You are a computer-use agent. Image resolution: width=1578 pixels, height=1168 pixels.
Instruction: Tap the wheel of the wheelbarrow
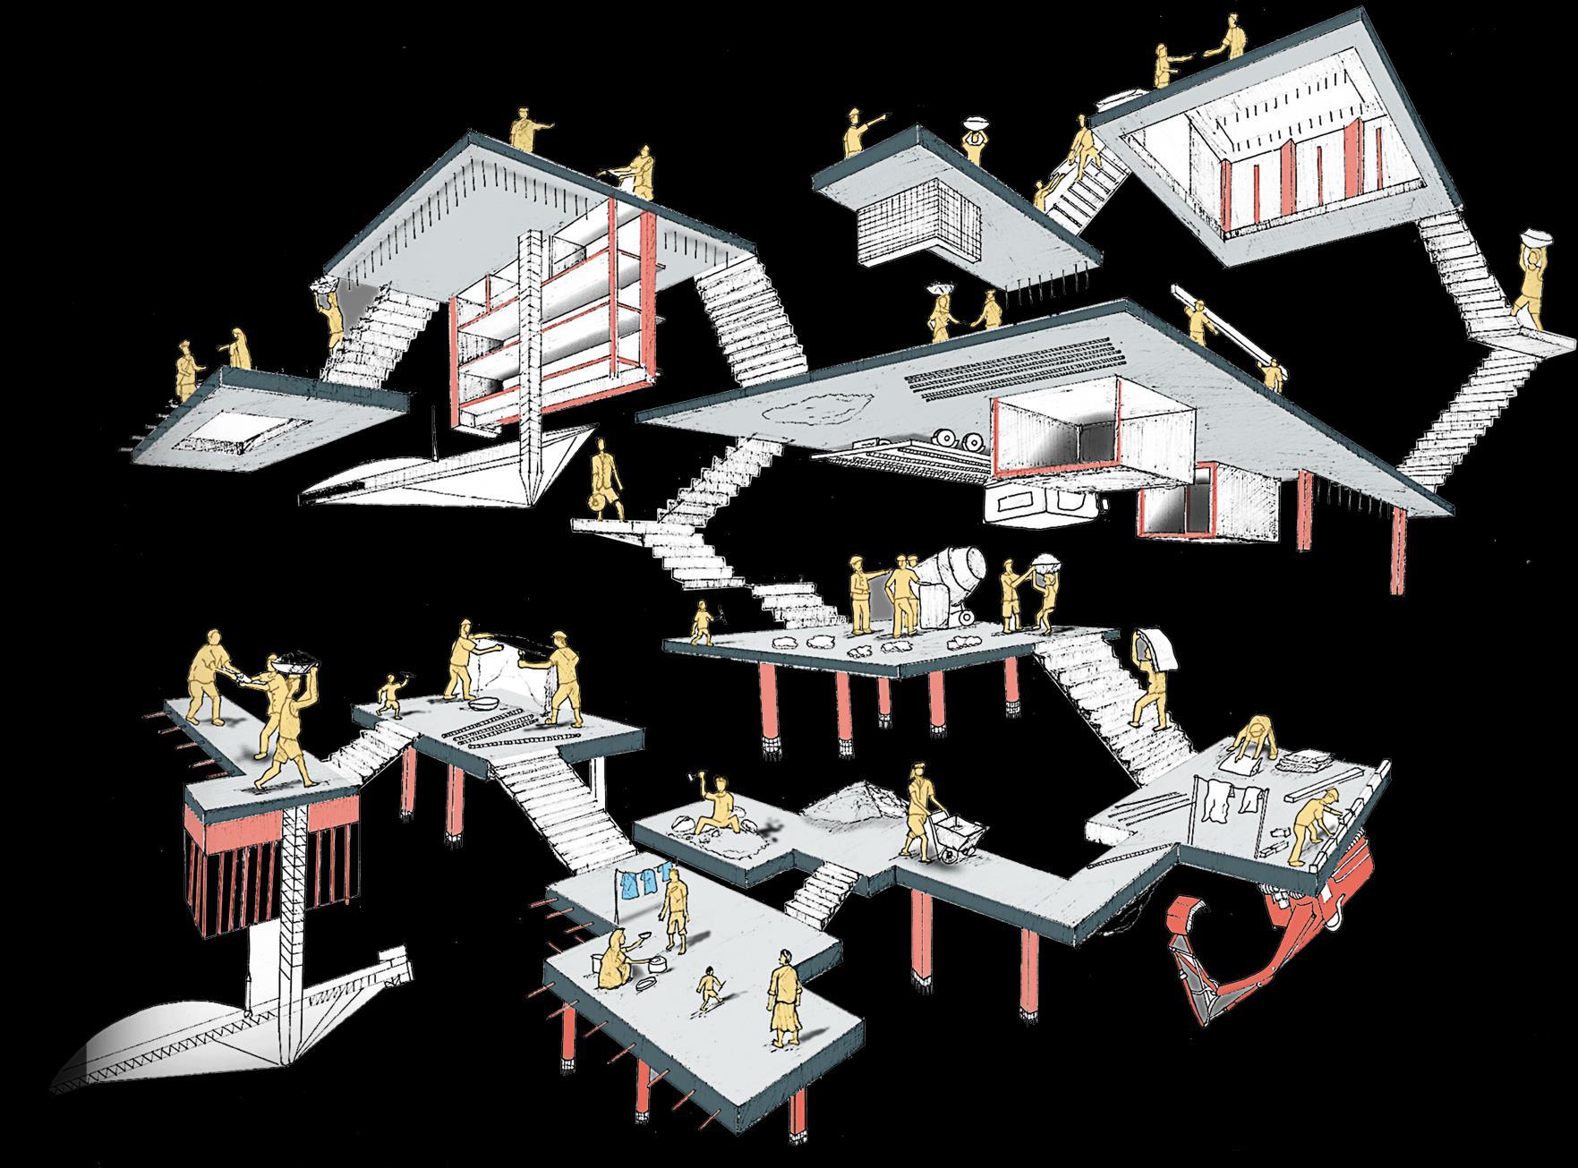[x=945, y=861]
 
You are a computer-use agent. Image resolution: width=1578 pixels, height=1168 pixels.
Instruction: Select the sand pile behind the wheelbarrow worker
[x=850, y=800]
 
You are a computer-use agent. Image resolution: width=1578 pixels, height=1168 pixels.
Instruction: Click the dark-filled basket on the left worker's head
[x=294, y=663]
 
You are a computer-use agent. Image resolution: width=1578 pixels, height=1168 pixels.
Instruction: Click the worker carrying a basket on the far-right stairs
[x=1532, y=286]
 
